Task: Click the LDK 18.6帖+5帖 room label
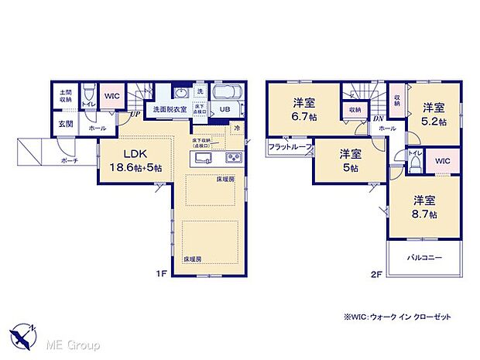coord(129,159)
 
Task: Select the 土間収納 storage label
coord(65,96)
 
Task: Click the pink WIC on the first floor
coord(111,95)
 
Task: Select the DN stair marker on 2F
coord(379,118)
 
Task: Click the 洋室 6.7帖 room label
coord(303,108)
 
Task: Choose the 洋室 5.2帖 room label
coord(433,114)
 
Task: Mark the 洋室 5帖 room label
coord(349,162)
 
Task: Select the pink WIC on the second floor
coord(443,160)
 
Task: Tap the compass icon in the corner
coord(23,335)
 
